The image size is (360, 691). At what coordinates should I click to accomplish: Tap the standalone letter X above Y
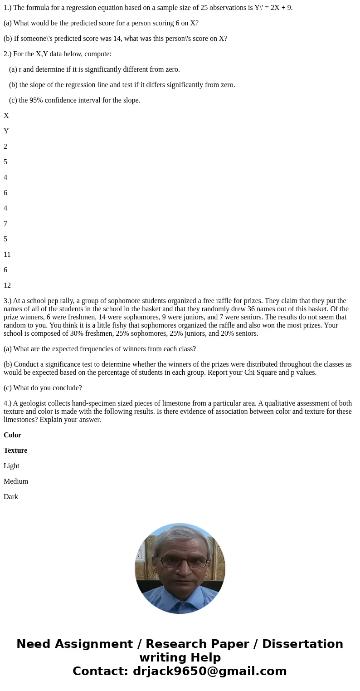pyautogui.click(x=6, y=116)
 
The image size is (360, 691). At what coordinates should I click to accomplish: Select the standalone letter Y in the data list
pyautogui.click(x=6, y=131)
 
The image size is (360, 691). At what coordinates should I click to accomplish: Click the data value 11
pyautogui.click(x=7, y=255)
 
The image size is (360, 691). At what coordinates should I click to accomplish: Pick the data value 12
pyautogui.click(x=7, y=285)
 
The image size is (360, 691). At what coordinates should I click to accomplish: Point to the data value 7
pyautogui.click(x=5, y=224)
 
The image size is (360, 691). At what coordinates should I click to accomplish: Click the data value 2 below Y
pyautogui.click(x=5, y=147)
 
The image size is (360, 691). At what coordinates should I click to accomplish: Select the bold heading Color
pyautogui.click(x=12, y=435)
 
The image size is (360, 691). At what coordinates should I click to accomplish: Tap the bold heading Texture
pyautogui.click(x=15, y=451)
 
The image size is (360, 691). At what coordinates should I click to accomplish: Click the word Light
pyautogui.click(x=11, y=466)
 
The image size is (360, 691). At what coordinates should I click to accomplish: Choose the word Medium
pyautogui.click(x=16, y=481)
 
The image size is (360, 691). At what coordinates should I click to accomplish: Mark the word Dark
pyautogui.click(x=11, y=497)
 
